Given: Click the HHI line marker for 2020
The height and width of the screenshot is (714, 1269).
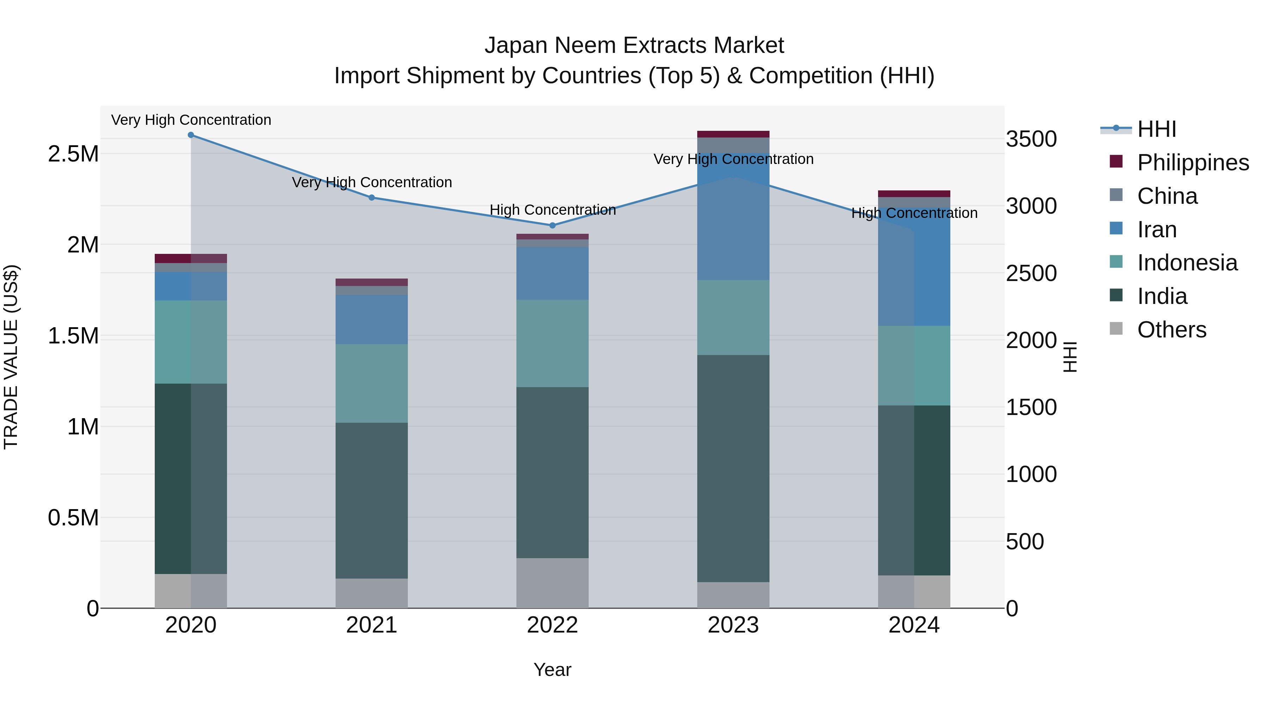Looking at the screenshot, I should point(191,135).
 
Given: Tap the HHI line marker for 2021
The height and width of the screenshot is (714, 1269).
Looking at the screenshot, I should point(372,197).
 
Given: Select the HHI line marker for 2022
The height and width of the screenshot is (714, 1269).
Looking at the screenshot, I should point(552,225).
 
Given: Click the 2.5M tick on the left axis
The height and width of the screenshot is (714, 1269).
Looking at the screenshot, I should point(73,154).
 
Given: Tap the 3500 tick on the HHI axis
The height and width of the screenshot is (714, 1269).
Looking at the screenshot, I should point(1031,139).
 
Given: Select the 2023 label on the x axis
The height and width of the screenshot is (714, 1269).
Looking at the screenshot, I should point(733,625).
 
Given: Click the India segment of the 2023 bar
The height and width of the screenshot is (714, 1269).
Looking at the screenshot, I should point(733,468).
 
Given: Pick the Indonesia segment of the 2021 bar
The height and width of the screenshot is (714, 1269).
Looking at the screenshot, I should point(372,383).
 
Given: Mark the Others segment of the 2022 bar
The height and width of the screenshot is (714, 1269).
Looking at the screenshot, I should point(552,583).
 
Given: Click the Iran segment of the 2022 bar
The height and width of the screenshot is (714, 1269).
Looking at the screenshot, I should point(552,274).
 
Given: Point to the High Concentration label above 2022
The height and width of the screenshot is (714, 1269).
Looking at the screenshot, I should point(552,210).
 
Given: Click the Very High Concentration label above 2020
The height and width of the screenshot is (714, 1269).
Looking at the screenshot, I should point(191,120).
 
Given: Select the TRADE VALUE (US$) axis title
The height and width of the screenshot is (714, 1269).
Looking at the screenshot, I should point(11,357).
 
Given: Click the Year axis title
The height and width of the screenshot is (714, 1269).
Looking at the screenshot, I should point(552,670).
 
